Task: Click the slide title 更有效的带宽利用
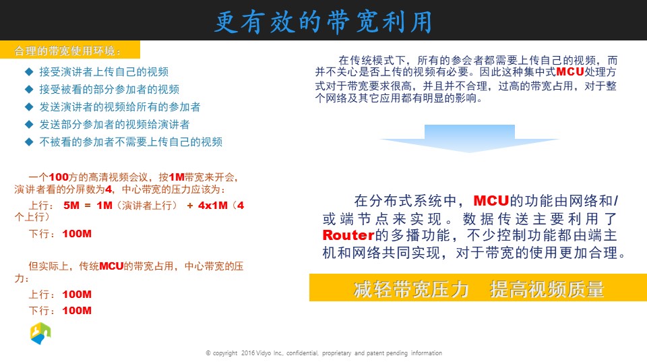click(x=323, y=22)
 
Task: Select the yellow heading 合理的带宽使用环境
click(x=67, y=51)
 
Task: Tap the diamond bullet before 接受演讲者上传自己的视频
click(x=29, y=72)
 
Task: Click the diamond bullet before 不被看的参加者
click(x=29, y=142)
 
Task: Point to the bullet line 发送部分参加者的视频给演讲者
click(x=115, y=125)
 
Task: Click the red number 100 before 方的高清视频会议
click(x=59, y=177)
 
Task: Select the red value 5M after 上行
click(x=71, y=206)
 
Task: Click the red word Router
click(x=348, y=235)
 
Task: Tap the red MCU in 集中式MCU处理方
click(x=570, y=72)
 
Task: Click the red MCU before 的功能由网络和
click(x=491, y=201)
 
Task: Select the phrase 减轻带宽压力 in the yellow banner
click(x=411, y=289)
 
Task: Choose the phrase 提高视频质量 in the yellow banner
click(x=547, y=289)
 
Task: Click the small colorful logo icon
click(x=40, y=333)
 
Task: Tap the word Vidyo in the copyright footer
click(x=264, y=353)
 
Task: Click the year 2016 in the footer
click(x=248, y=353)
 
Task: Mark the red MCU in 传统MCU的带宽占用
click(x=111, y=266)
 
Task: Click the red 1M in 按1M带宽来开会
click(x=177, y=177)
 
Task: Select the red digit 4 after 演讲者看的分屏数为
click(x=109, y=189)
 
